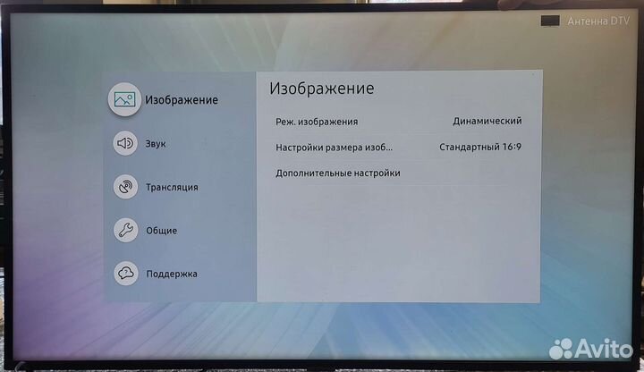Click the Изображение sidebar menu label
182,99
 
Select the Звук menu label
156,143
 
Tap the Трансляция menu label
172,187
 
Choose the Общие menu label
161,230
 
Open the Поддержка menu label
172,274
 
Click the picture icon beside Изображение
125,98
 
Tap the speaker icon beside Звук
125,142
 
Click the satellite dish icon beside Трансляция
125,187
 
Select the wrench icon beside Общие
125,230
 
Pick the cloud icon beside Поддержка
125,274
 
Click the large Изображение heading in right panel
321,89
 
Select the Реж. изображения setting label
317,122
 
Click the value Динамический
487,122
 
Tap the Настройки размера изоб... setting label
334,148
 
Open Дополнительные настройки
337,173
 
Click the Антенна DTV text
598,21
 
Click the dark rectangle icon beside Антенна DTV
550,21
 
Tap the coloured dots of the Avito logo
562,348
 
